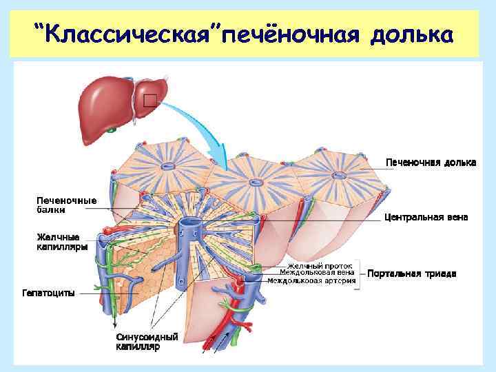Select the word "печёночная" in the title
click(292, 34)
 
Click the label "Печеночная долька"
click(430, 162)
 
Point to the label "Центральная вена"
click(426, 217)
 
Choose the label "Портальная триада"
click(411, 273)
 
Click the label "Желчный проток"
click(320, 265)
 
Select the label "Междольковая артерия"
click(321, 280)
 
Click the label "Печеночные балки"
click(66, 205)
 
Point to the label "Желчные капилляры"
click(62, 242)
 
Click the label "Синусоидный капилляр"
click(146, 342)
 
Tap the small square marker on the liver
click(149, 101)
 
